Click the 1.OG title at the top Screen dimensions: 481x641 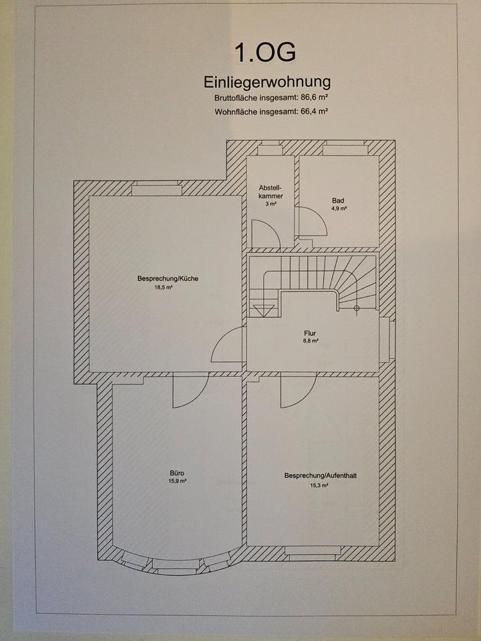(264, 53)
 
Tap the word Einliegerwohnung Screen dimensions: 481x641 (267, 82)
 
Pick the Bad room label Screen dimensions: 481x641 (338, 200)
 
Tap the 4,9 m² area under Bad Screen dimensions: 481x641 (339, 208)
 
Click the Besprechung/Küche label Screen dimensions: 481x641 (168, 278)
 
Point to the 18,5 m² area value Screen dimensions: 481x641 (164, 287)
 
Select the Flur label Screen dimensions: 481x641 (309, 333)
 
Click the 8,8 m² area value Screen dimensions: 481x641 (309, 341)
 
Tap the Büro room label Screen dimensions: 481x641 (177, 472)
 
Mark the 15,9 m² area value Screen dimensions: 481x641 (177, 480)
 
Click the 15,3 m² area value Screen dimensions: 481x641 (319, 485)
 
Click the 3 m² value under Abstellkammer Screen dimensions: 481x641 (271, 204)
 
